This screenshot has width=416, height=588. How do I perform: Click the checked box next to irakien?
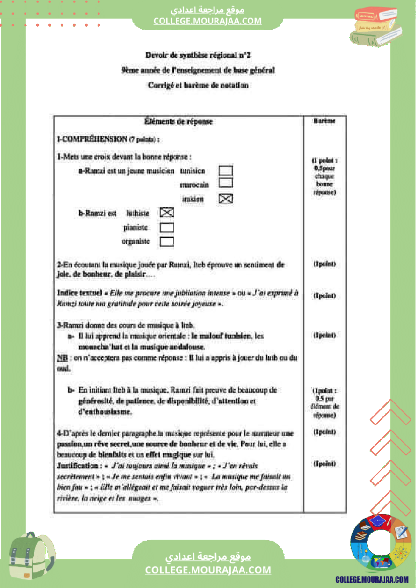[226, 199]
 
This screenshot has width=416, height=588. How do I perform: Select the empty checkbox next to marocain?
[226, 183]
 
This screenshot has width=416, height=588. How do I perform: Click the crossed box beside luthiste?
[167, 213]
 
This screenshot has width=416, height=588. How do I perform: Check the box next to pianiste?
[167, 227]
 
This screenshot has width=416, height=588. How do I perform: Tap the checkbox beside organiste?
[167, 241]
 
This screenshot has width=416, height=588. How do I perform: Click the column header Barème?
[324, 121]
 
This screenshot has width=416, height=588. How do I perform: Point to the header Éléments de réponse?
[178, 122]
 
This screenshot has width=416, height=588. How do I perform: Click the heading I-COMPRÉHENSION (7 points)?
[108, 139]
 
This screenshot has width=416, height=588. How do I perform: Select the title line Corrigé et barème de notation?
[198, 86]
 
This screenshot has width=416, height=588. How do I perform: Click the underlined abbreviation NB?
[62, 358]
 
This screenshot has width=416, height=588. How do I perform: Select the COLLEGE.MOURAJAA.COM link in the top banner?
[207, 21]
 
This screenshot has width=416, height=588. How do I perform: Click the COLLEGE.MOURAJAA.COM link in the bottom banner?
[208, 570]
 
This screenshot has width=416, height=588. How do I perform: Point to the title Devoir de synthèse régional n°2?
[198, 55]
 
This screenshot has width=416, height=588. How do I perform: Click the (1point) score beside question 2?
[324, 264]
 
